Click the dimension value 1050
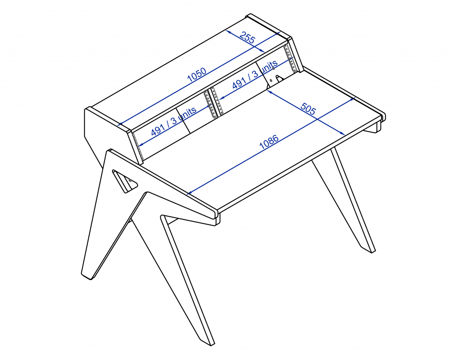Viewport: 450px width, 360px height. click(197, 75)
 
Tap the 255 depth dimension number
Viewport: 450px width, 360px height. click(247, 37)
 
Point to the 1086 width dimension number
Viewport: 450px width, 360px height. click(269, 142)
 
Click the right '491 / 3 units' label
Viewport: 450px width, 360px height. click(255, 74)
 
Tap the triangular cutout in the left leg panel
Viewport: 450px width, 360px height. click(124, 181)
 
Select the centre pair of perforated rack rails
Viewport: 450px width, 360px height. click(214, 103)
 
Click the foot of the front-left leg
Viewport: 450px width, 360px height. click(87, 276)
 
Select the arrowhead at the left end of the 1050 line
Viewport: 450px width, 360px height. click(120, 124)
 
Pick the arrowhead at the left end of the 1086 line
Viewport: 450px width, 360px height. click(190, 193)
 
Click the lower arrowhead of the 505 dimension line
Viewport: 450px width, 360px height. click(343, 133)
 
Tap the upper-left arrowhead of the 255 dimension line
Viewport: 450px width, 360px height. click(229, 32)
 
